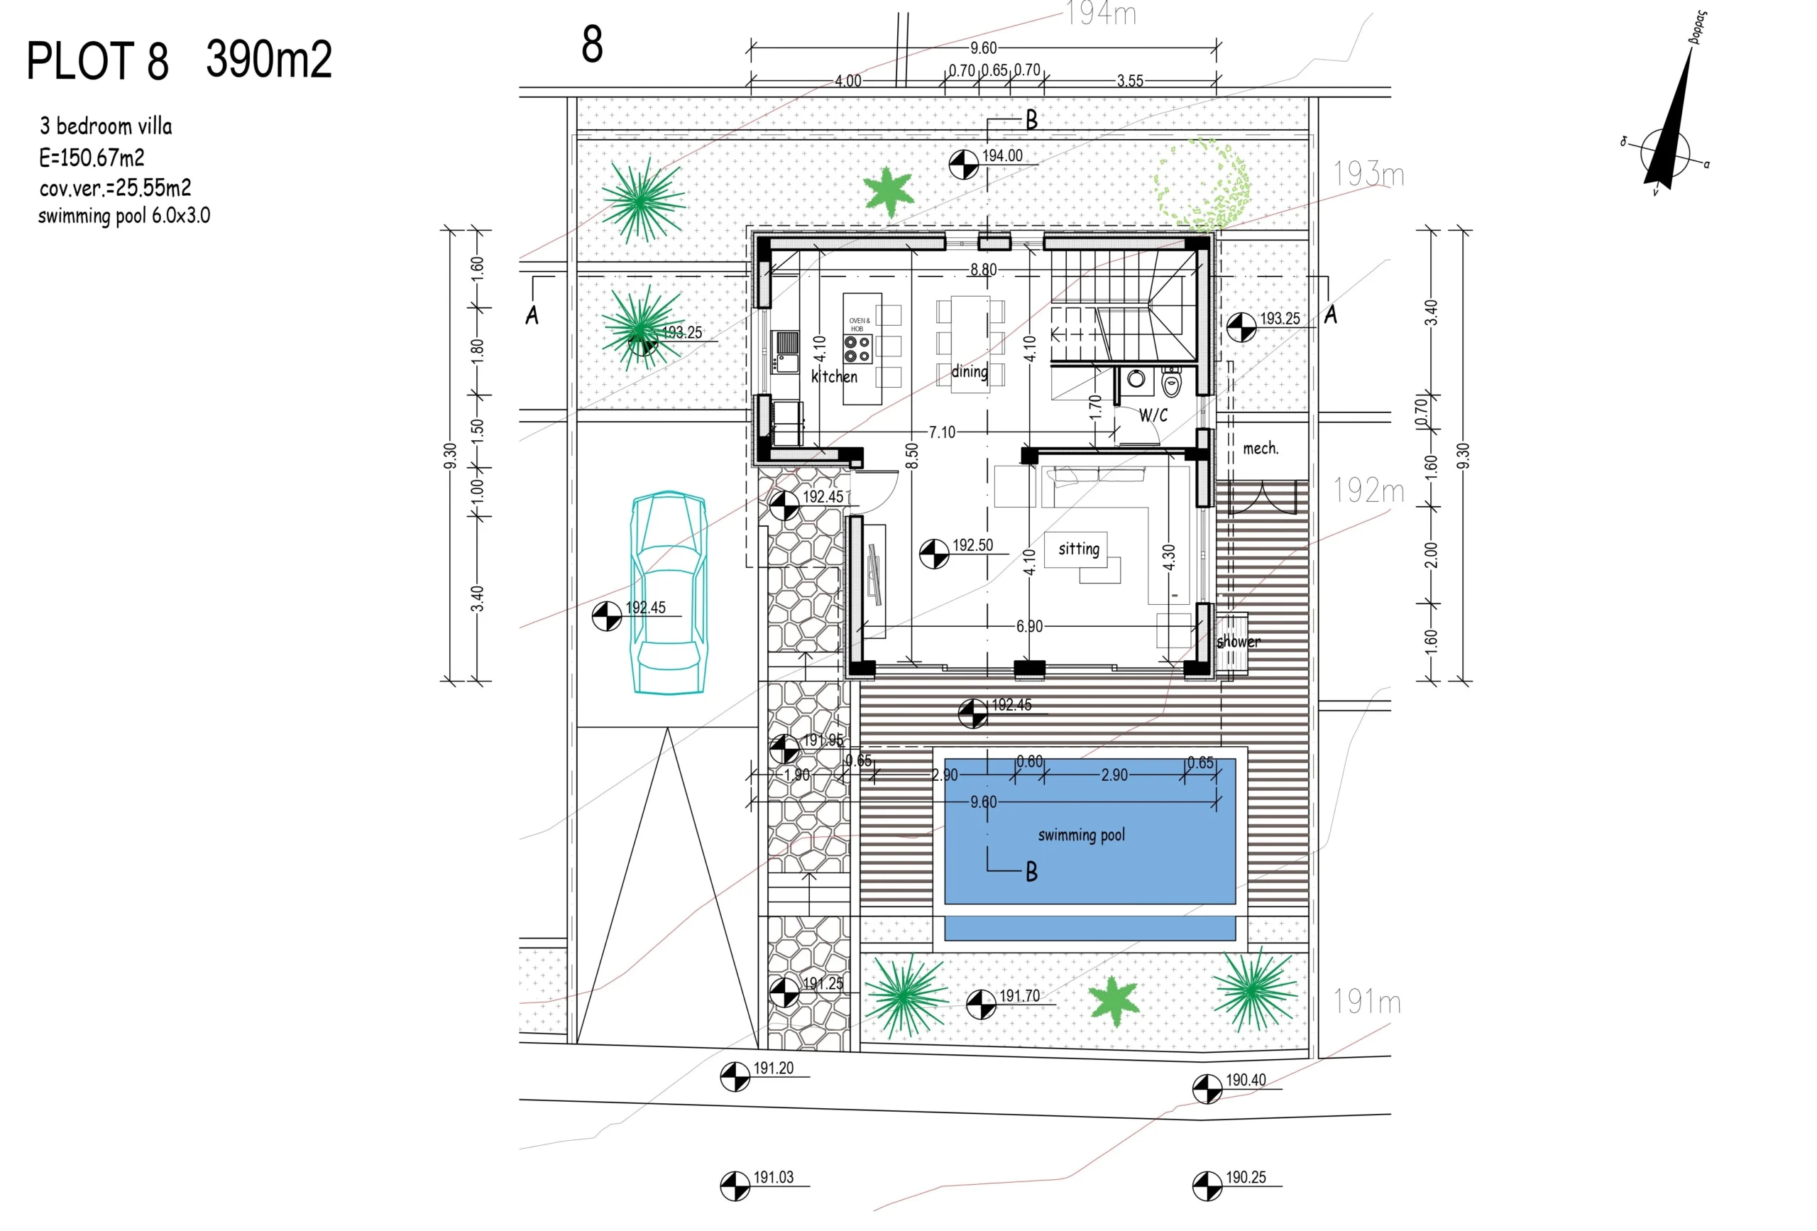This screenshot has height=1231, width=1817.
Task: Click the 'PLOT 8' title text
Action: [x=97, y=62]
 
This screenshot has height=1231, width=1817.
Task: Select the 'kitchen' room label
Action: [x=833, y=376]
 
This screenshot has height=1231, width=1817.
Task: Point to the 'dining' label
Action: [x=969, y=371]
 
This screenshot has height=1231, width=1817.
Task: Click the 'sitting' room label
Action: [x=1078, y=549]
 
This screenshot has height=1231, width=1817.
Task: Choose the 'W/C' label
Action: [x=1153, y=415]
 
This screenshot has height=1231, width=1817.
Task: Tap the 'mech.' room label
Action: [x=1261, y=448]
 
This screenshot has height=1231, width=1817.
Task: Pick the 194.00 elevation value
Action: [x=1001, y=155]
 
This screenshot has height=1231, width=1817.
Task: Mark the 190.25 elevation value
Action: [x=1245, y=1177]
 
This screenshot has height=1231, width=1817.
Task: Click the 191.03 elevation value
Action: [x=772, y=1177]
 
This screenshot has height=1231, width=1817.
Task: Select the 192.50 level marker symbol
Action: [x=933, y=554]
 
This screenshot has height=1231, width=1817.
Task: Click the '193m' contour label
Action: [x=1368, y=174]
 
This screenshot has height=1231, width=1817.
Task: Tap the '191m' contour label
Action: [x=1367, y=1001]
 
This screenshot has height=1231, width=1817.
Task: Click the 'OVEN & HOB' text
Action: [x=859, y=324]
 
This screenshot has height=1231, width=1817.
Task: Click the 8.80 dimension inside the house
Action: [x=983, y=270]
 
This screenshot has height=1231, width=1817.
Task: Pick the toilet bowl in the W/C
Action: [x=1170, y=384]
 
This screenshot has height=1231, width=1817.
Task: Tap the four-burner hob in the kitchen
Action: [x=857, y=349]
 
